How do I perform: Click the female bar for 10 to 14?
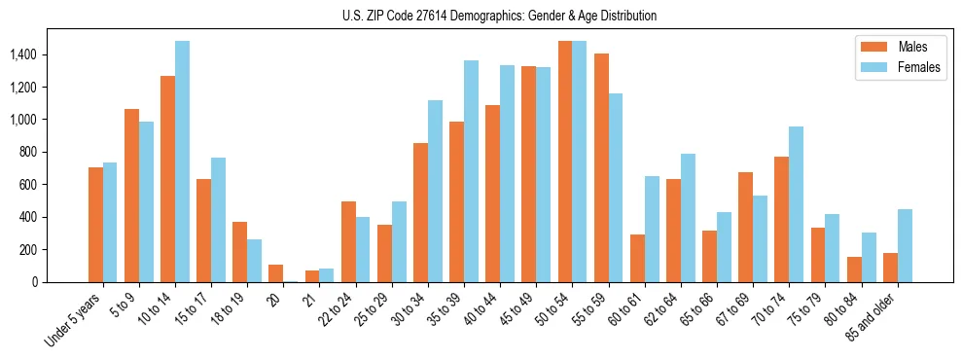(x=183, y=162)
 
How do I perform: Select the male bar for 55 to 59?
(x=601, y=167)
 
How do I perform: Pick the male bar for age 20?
(x=276, y=273)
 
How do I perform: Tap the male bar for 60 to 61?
(x=637, y=258)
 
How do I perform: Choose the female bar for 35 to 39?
(x=471, y=171)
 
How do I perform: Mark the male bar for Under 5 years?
(x=95, y=225)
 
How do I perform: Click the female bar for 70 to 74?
(x=796, y=204)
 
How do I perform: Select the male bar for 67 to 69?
(x=745, y=227)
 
